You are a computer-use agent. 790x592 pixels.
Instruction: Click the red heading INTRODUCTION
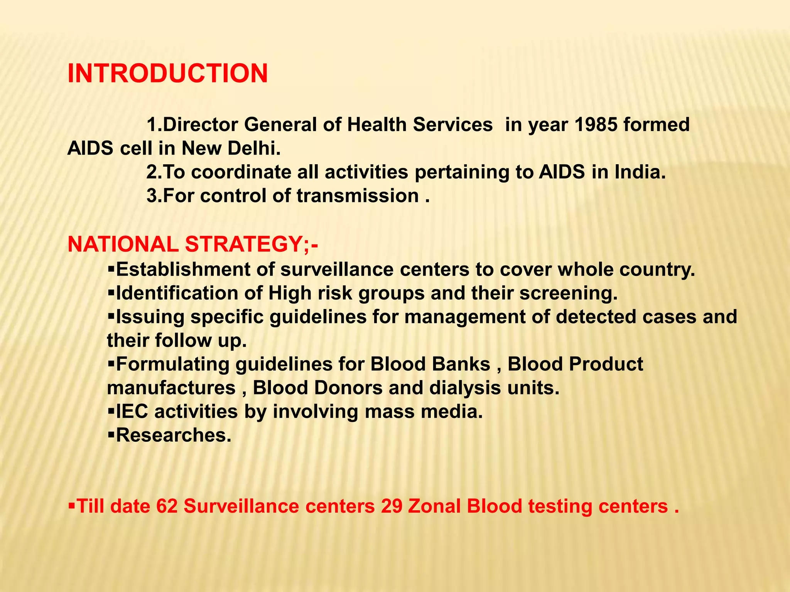(167, 73)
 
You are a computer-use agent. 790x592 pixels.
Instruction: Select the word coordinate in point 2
(241, 172)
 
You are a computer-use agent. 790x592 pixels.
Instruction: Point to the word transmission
(358, 196)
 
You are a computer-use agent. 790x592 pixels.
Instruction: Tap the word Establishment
(183, 269)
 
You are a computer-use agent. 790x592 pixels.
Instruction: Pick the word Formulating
(173, 364)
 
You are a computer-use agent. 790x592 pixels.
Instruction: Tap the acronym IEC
(132, 412)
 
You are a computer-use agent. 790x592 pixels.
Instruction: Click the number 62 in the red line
(167, 506)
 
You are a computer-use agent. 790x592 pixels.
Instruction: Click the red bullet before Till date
(72, 505)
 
